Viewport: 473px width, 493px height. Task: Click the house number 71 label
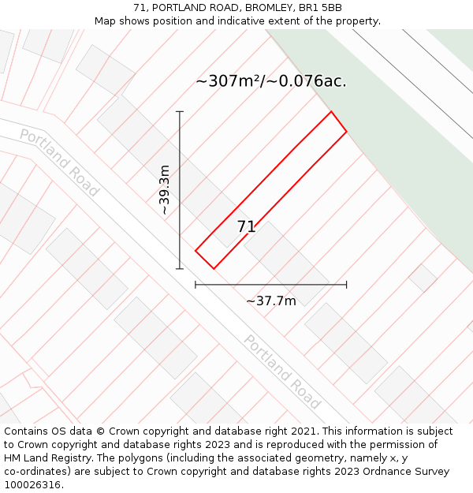pos(247,227)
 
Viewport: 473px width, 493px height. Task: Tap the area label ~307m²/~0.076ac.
pos(270,81)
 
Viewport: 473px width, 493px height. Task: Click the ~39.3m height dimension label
pos(164,190)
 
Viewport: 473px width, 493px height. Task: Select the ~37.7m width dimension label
pos(270,301)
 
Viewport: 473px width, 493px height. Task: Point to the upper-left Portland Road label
pos(59,162)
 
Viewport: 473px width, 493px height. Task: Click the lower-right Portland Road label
pos(282,372)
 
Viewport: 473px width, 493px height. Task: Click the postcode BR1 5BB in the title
pos(322,8)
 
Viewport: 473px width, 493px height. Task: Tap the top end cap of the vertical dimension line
pos(180,112)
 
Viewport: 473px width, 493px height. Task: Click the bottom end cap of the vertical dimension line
pos(180,269)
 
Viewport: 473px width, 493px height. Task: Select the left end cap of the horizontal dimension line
pos(196,285)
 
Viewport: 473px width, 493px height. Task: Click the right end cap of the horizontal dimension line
pos(346,285)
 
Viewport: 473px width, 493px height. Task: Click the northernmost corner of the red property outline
pos(331,112)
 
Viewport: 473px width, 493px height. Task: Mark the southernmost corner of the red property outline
pos(214,269)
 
